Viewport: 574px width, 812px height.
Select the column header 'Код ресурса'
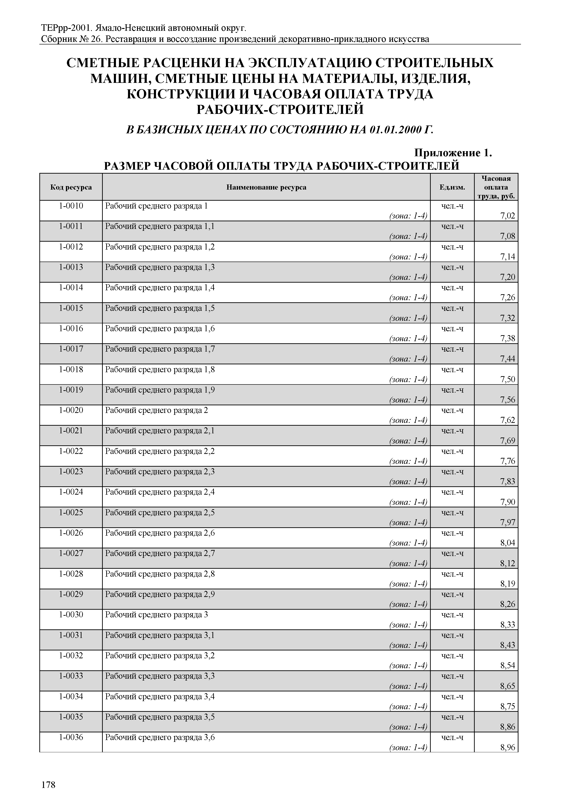click(x=71, y=187)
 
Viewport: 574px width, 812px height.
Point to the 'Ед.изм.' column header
click(x=452, y=187)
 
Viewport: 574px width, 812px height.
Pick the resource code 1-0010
click(x=71, y=206)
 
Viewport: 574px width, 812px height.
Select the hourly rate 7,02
click(x=508, y=216)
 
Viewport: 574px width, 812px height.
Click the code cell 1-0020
click(x=71, y=410)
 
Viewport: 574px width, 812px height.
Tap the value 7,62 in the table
click(x=508, y=420)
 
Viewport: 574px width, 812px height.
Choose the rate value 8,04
click(x=508, y=543)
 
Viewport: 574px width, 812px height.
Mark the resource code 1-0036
click(x=71, y=737)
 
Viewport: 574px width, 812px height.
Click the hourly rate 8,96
click(x=508, y=747)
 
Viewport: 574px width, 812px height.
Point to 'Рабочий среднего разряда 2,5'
click(x=160, y=512)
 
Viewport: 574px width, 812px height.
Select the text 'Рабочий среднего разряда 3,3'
click(x=160, y=676)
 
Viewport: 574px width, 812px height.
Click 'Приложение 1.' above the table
click(x=453, y=153)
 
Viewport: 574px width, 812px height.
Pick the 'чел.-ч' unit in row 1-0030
click(x=452, y=615)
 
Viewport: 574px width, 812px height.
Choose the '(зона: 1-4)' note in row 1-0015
click(x=408, y=318)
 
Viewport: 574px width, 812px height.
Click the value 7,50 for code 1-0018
click(x=508, y=379)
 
